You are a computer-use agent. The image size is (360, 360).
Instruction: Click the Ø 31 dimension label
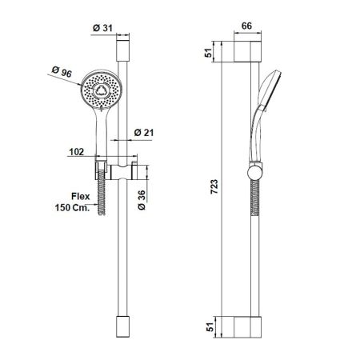click(x=102, y=29)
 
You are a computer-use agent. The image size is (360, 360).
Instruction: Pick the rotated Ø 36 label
click(x=141, y=199)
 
